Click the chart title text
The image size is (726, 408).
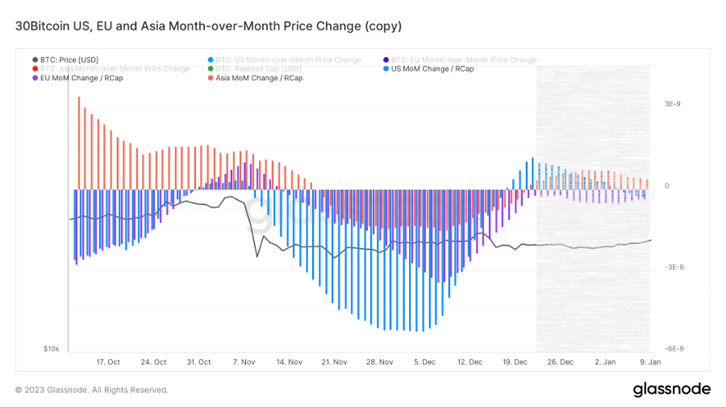click(208, 26)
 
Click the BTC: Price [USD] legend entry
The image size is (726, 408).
click(69, 60)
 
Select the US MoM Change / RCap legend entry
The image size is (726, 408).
click(432, 69)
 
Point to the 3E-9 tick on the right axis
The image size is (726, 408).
click(672, 105)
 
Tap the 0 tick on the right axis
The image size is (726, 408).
click(666, 186)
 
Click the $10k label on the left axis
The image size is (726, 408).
click(51, 349)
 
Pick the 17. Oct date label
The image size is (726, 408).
click(108, 362)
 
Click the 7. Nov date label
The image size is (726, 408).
click(245, 362)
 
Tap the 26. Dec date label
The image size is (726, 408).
click(561, 362)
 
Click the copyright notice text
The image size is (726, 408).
click(92, 390)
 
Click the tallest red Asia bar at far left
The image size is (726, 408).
click(79, 143)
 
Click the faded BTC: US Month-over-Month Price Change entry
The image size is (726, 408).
click(289, 60)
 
